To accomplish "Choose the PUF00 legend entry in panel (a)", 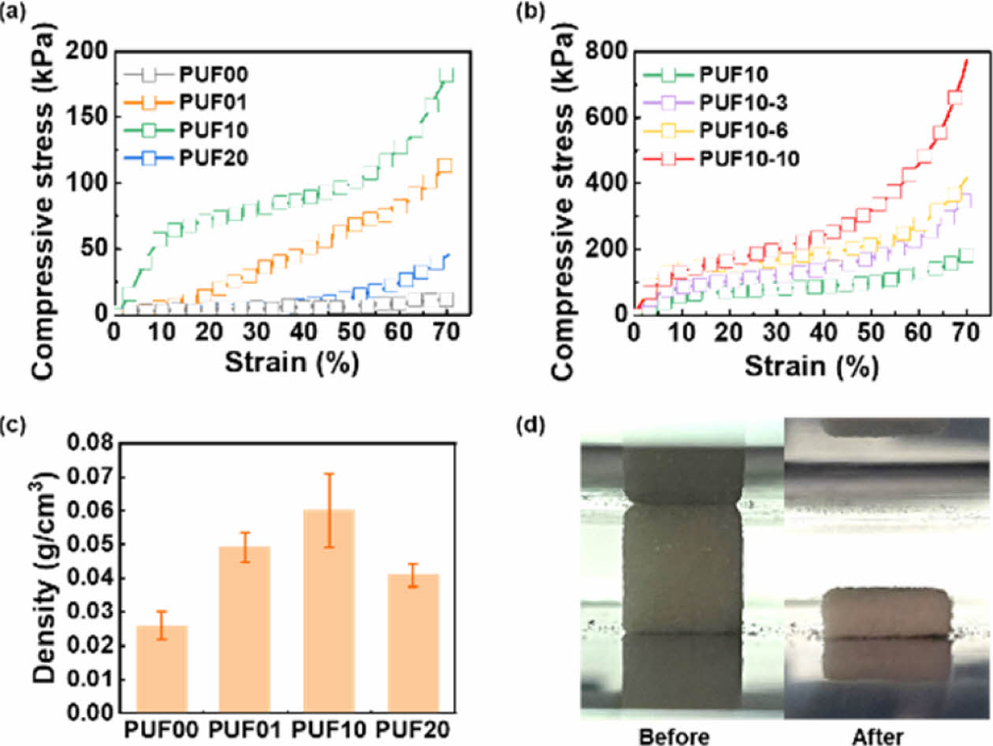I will pos(199,76).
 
